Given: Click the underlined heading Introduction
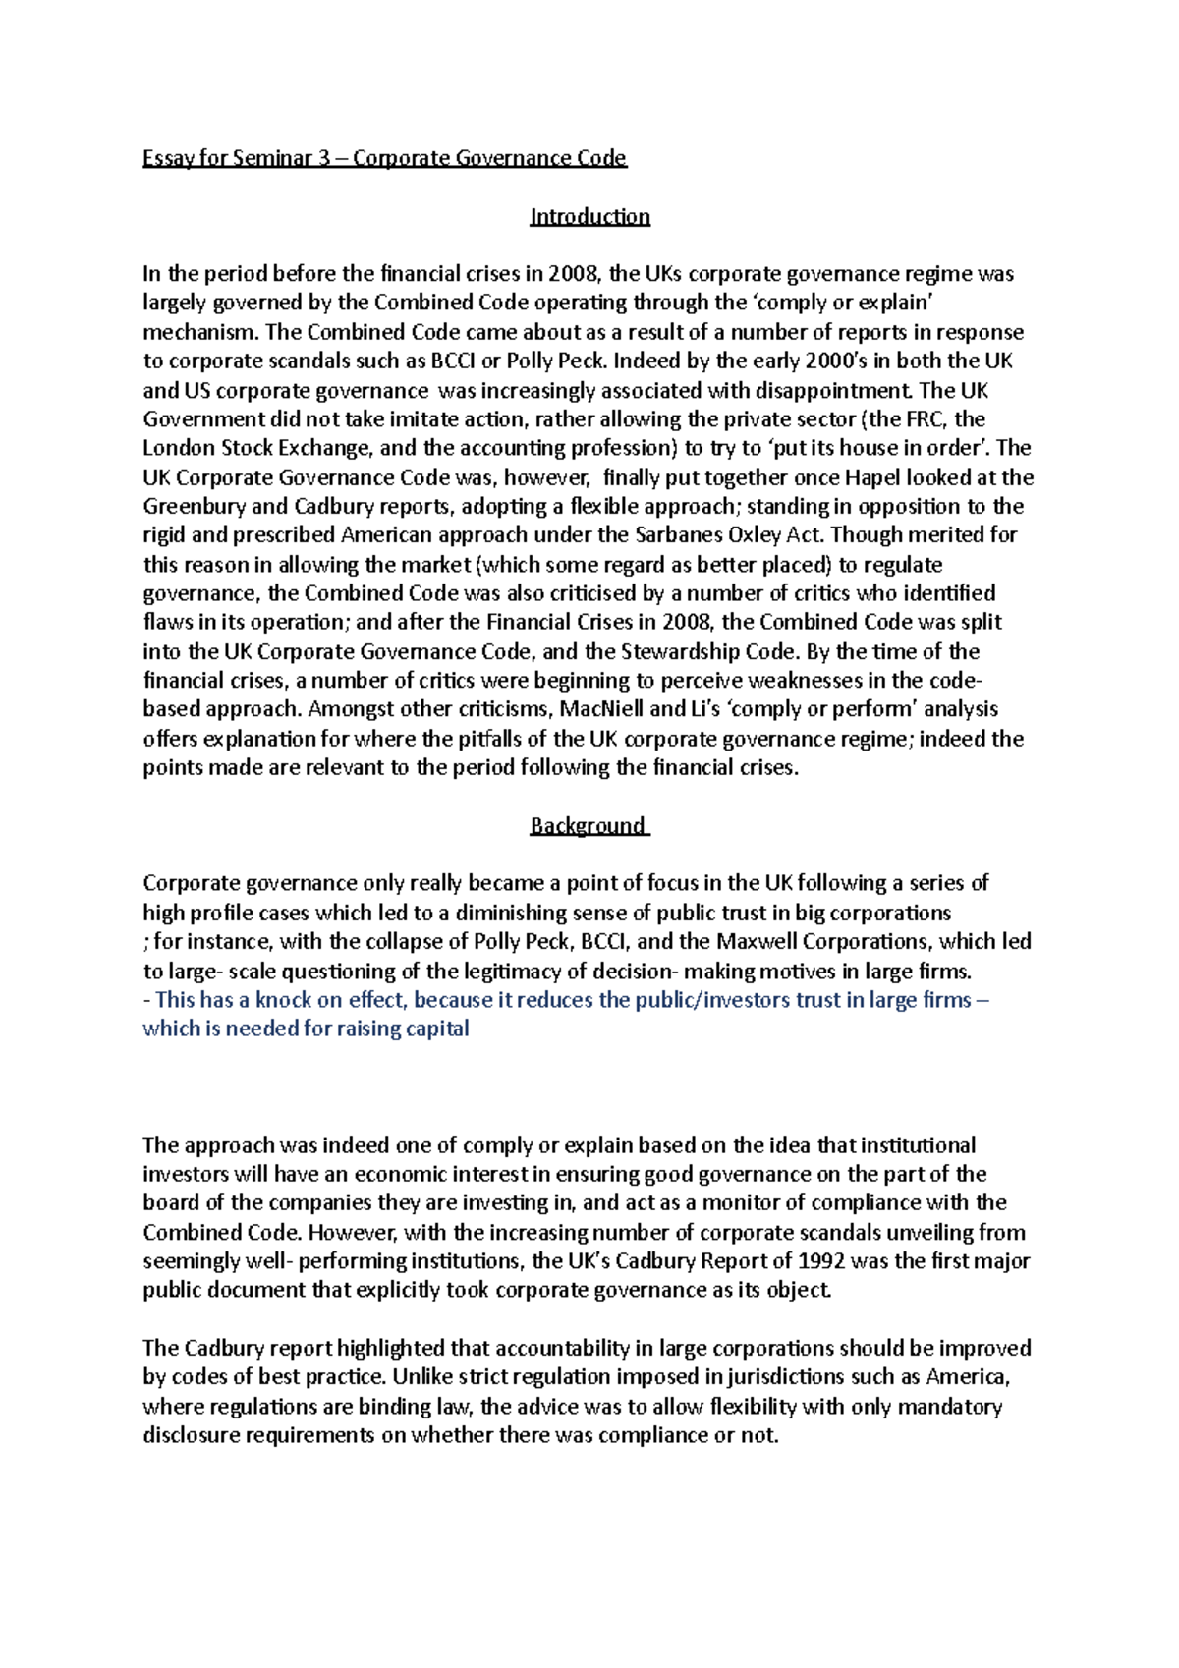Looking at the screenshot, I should pos(589,216).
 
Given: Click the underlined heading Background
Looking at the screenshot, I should pos(588,825).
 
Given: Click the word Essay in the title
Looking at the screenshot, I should pos(168,158).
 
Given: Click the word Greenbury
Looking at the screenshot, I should pos(191,507).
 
